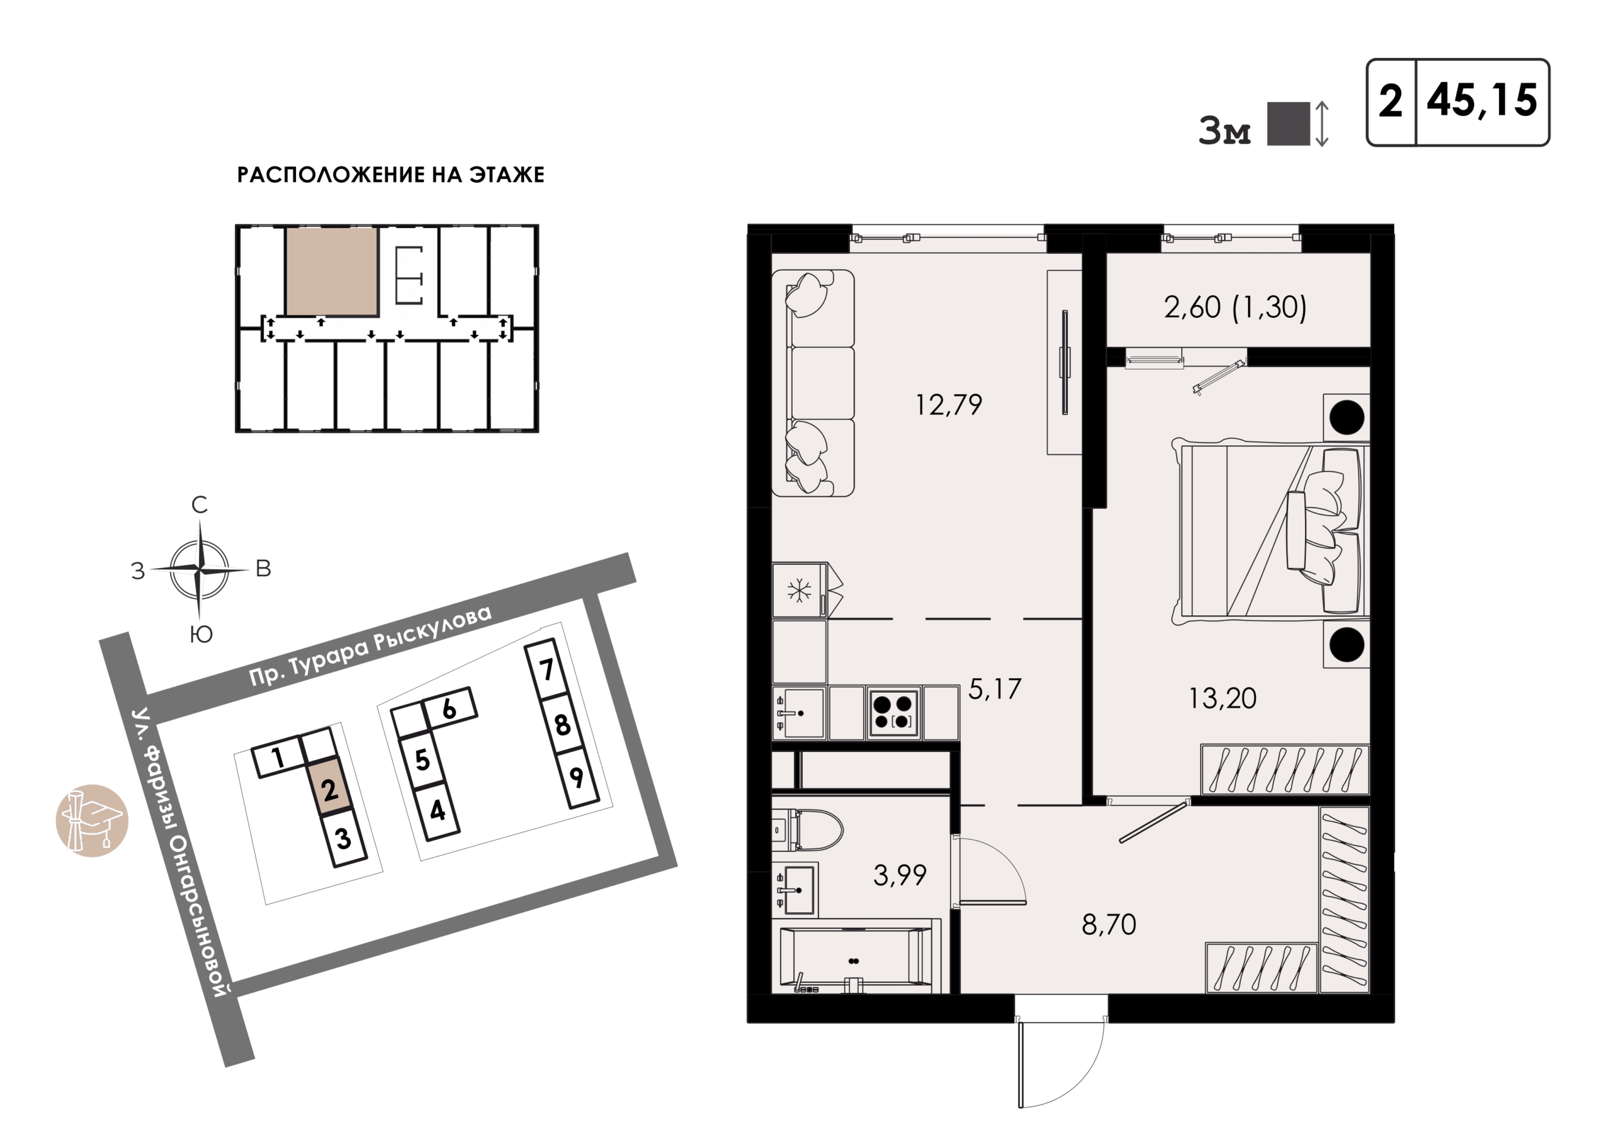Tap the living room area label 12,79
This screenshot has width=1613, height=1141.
[948, 405]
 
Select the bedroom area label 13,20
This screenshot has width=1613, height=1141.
[1222, 698]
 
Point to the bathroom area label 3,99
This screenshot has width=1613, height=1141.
[899, 875]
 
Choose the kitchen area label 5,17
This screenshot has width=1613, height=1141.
[995, 689]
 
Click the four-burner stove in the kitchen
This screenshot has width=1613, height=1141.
[893, 713]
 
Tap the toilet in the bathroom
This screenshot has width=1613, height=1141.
[807, 830]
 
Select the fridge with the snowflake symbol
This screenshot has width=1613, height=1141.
[800, 591]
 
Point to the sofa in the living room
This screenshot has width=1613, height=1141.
[813, 383]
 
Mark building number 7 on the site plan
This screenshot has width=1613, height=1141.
[546, 669]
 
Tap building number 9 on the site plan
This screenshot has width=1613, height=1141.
[577, 777]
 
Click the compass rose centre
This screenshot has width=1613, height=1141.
[200, 569]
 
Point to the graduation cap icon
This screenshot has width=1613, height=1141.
[92, 820]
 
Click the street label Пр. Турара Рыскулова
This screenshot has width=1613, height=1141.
[370, 646]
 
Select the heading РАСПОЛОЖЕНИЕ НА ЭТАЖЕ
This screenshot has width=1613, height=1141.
[391, 175]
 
